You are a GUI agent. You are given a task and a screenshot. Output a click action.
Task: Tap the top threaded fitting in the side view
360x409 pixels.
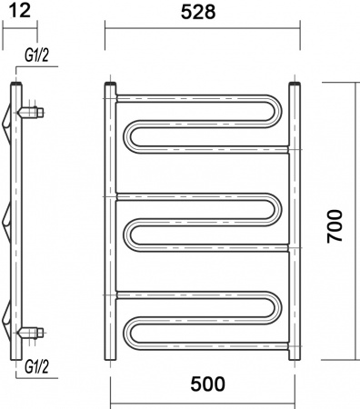click(33, 114)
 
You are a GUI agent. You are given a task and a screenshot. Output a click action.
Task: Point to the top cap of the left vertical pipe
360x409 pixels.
click(110, 86)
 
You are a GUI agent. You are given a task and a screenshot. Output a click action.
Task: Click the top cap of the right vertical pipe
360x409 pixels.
click(295, 86)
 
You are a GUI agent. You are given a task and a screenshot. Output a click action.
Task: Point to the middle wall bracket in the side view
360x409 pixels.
click(10, 219)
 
